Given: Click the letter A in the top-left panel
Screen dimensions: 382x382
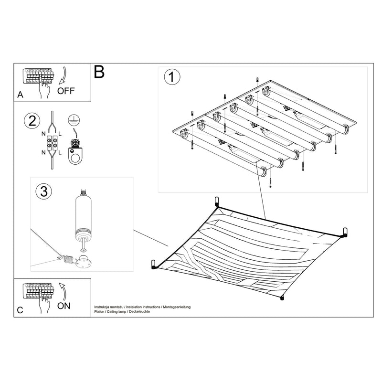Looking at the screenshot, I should click(x=20, y=95).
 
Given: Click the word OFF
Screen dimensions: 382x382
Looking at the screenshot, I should click(x=66, y=91).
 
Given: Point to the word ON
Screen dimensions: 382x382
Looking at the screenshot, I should click(x=64, y=306).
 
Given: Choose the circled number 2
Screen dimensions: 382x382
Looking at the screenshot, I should click(x=32, y=121).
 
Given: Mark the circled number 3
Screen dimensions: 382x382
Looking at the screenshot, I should click(x=43, y=191).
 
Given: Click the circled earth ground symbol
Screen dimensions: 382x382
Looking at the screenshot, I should click(x=73, y=121).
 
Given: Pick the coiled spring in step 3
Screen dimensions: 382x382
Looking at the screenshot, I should click(x=70, y=261).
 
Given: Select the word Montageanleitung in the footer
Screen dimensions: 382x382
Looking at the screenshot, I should click(x=176, y=306).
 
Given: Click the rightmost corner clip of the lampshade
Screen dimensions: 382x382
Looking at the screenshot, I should click(x=344, y=232).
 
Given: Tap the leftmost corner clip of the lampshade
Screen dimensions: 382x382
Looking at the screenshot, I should click(x=153, y=264).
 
